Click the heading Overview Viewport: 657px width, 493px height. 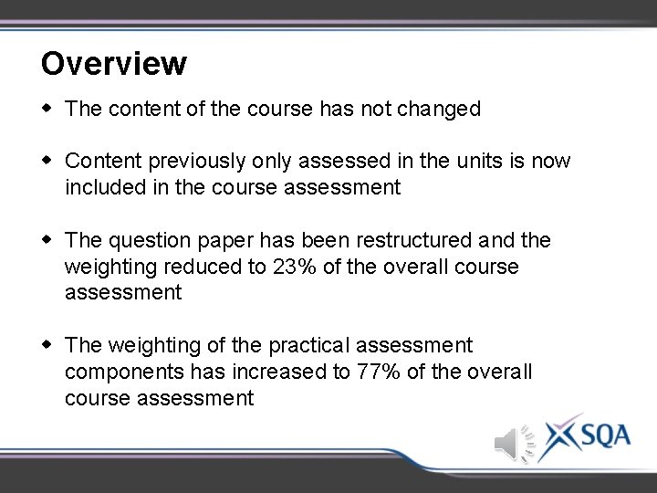pyautogui.click(x=114, y=64)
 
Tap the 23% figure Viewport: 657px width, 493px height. pyautogui.click(x=292, y=267)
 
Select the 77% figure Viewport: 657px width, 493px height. pyautogui.click(x=358, y=372)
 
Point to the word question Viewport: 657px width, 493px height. pyautogui.click(x=148, y=241)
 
